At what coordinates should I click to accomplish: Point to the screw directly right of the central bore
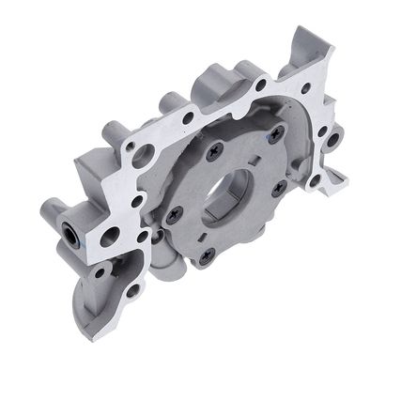[x=279, y=188]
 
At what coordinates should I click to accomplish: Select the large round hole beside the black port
[x=110, y=236]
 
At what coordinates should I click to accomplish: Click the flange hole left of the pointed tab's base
[x=260, y=85]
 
